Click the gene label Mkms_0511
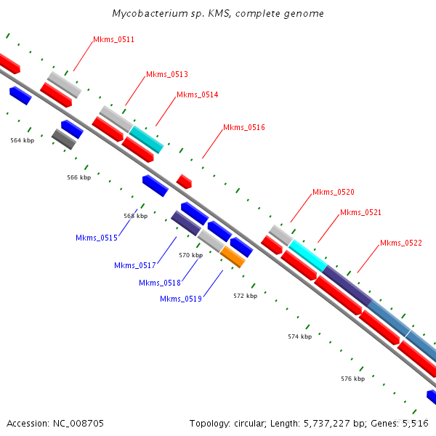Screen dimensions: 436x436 pos(113,39)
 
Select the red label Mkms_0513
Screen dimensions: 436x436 pos(167,74)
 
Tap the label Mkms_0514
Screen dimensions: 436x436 pos(197,94)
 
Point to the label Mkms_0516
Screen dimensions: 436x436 pos(244,127)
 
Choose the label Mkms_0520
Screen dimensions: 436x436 pos(334,192)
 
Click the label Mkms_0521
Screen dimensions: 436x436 pos(360,212)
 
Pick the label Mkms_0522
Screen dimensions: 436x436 pos(401,243)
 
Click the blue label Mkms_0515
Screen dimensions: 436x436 pos(97,238)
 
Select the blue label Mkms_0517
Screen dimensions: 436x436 pos(135,265)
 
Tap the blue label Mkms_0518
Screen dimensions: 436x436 pos(160,283)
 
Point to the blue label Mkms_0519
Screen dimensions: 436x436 pos(181,299)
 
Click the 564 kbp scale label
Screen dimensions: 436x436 pos(22,140)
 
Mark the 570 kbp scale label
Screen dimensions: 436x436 pos(190,255)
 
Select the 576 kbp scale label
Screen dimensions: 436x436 pos(352,379)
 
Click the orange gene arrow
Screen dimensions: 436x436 pos(233,257)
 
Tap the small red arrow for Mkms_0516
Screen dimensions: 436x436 pos(184,181)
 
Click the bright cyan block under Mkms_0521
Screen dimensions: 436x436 pos(307,254)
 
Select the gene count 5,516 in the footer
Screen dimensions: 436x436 pos(416,423)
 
